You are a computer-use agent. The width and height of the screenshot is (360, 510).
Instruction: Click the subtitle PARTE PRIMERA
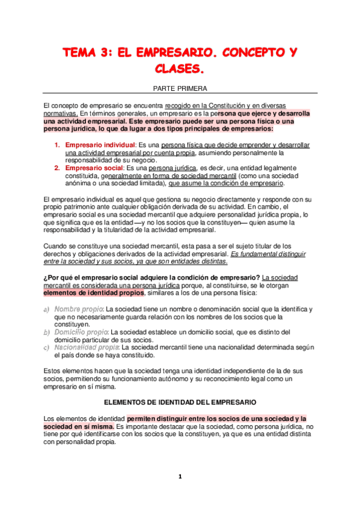point(180,88)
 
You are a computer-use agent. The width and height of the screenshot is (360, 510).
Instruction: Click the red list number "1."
point(58,146)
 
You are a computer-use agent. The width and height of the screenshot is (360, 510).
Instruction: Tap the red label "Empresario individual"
point(100,146)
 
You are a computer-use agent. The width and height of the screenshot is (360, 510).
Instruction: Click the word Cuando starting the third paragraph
point(56,229)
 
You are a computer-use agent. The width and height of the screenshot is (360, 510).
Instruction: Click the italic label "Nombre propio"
point(79,309)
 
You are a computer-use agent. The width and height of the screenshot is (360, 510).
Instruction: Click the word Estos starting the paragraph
point(54,371)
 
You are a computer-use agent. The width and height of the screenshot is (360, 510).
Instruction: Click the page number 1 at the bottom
point(180,477)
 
